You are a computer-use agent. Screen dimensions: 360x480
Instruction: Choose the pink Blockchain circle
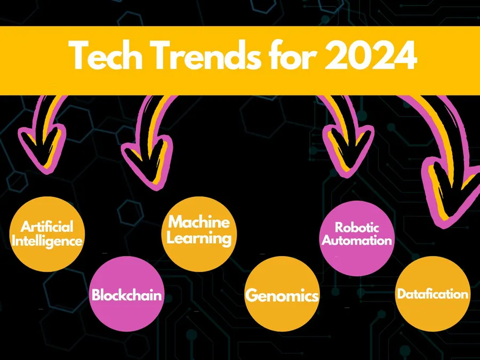pyautogui.click(x=126, y=294)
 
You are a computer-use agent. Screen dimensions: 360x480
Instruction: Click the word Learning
pyautogui.click(x=199, y=238)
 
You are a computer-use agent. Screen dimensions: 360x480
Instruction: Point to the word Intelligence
pyautogui.click(x=47, y=241)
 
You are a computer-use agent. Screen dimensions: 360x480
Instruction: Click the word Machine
pyautogui.click(x=199, y=222)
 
